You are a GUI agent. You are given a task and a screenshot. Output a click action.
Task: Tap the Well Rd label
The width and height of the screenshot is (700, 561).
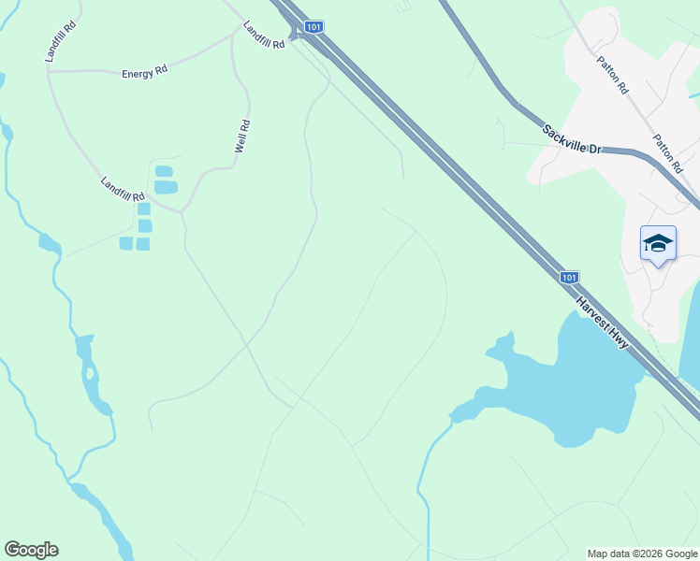point(241,137)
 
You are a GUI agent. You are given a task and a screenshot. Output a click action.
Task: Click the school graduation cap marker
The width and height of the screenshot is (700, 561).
point(658,244)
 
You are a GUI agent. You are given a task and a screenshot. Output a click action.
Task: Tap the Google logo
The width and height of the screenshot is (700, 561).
point(31,550)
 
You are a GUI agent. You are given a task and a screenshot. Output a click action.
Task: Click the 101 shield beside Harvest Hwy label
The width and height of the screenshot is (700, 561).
point(570,277)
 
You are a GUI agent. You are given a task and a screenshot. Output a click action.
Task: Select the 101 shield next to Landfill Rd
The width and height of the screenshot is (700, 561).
point(314,28)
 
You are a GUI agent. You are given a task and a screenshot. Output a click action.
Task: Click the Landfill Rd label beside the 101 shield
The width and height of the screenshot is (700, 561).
point(263,36)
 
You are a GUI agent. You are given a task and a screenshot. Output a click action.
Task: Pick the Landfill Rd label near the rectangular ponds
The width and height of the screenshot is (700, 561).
point(124,190)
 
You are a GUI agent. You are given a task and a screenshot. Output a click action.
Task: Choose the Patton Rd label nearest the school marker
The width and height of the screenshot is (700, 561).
point(668,153)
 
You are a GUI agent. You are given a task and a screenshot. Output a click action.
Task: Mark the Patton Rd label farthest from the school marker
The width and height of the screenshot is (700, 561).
point(613,74)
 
